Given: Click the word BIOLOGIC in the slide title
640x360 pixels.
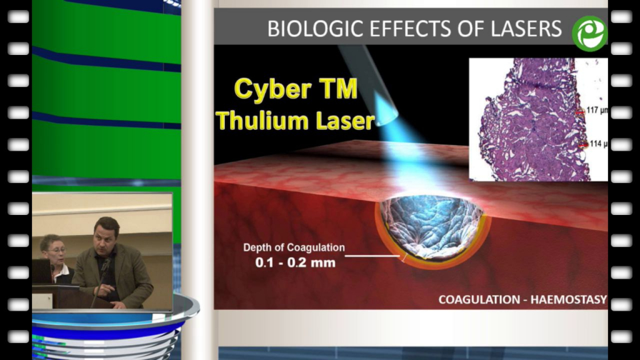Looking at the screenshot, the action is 315,29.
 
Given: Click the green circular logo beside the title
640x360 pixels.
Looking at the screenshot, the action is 590,34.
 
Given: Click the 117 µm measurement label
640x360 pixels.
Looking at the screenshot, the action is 597,110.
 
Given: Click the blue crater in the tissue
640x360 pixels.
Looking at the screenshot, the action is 431,226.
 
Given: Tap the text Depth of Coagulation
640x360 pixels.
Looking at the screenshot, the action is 294,247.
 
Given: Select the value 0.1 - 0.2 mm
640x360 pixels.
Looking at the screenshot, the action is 295,262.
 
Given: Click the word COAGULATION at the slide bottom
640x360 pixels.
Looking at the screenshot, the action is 479,299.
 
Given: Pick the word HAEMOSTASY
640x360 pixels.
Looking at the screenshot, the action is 569,299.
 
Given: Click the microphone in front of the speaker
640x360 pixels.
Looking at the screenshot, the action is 106,264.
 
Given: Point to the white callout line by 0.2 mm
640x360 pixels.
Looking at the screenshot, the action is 372,256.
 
